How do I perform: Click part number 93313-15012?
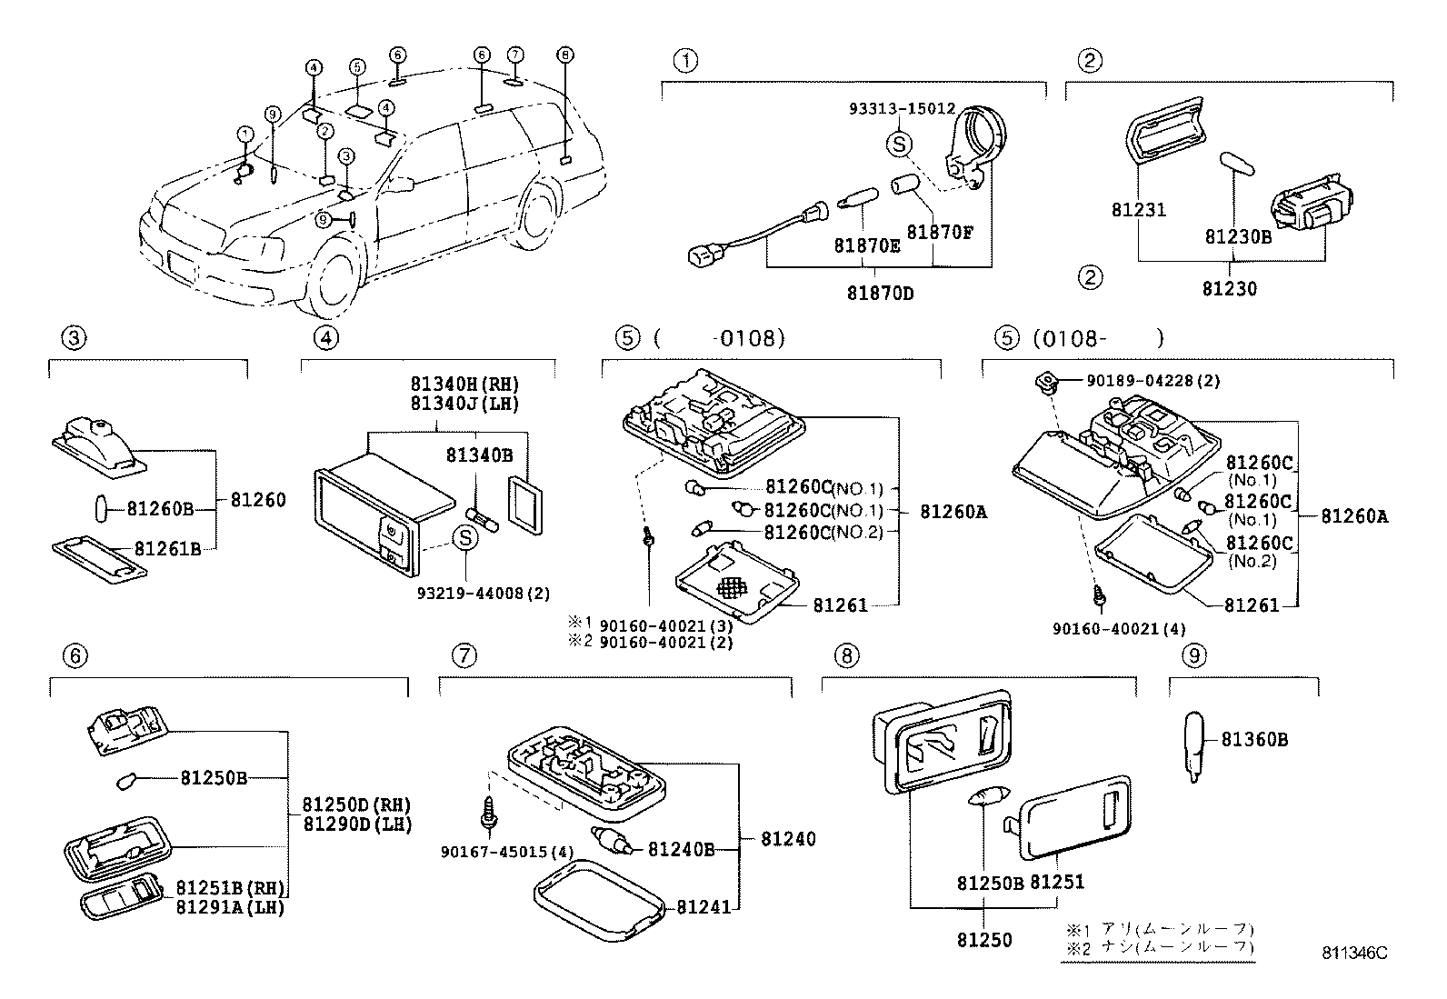point(902,108)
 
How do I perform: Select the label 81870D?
point(880,293)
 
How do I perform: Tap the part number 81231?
point(1138,210)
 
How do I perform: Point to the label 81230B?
point(1238,236)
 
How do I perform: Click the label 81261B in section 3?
point(168,548)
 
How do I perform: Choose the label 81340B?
point(479,455)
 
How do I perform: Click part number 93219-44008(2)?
point(484,594)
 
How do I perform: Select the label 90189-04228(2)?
point(1153,381)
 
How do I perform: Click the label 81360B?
point(1254,740)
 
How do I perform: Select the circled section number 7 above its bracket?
point(464,654)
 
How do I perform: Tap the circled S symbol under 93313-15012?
point(898,144)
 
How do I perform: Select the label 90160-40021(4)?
point(1119,628)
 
